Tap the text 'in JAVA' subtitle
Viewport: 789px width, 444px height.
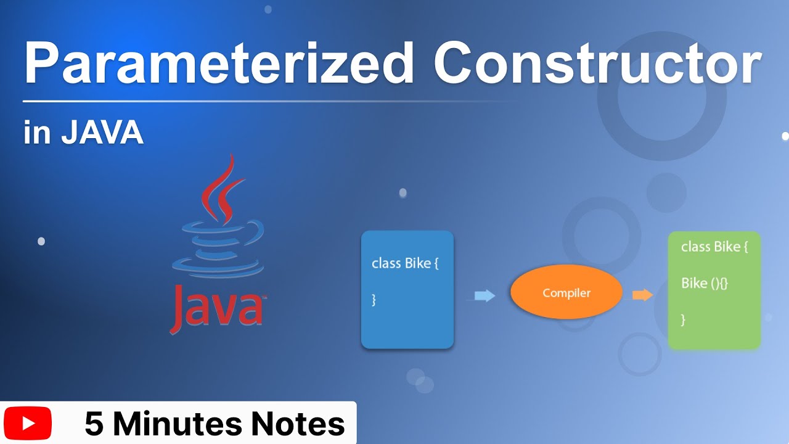click(83, 133)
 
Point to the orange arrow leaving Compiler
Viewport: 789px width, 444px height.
click(642, 295)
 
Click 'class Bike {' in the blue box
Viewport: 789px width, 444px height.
click(405, 264)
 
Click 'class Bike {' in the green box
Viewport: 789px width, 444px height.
click(714, 247)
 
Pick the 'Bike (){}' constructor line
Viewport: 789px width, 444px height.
click(705, 284)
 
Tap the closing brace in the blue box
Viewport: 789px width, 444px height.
click(374, 300)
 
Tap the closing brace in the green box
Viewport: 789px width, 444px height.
click(683, 319)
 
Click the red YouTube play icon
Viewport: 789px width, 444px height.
click(28, 424)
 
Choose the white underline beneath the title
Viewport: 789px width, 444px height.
click(265, 101)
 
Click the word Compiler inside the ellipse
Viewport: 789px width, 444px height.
click(566, 293)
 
